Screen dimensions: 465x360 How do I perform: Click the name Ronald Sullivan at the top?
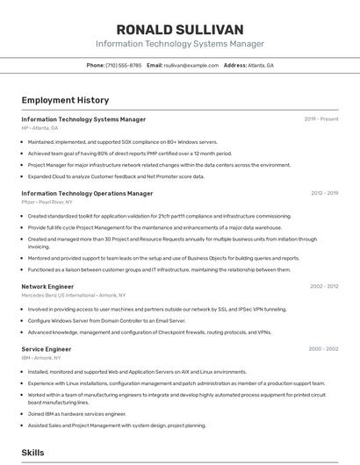pyautogui.click(x=179, y=30)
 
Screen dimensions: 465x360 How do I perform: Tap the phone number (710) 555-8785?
pyautogui.click(x=123, y=65)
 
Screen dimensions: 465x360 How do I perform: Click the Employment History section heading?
pyautogui.click(x=65, y=100)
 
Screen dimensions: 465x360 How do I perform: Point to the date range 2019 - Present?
pyautogui.click(x=321, y=119)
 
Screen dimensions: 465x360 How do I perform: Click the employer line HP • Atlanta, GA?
pyautogui.click(x=40, y=128)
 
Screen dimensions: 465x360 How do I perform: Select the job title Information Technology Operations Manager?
pyautogui.click(x=87, y=193)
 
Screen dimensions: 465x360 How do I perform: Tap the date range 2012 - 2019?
pyautogui.click(x=324, y=193)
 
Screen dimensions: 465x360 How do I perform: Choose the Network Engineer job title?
pyautogui.click(x=47, y=286)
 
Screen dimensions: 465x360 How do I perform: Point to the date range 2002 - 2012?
pyautogui.click(x=323, y=286)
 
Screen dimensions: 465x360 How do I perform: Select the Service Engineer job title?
pyautogui.click(x=46, y=349)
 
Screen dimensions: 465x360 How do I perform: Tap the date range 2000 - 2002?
pyautogui.click(x=323, y=349)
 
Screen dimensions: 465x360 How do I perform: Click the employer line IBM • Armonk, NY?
pyautogui.click(x=41, y=358)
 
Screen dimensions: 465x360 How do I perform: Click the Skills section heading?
pyautogui.click(x=33, y=452)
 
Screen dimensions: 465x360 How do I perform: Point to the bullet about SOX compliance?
pyautogui.click(x=123, y=141)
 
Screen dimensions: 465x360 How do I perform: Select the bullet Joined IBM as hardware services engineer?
pyautogui.click(x=77, y=414)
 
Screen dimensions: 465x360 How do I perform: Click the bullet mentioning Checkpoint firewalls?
pyautogui.click(x=149, y=333)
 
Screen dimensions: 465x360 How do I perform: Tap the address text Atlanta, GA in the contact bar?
pyautogui.click(x=261, y=65)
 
